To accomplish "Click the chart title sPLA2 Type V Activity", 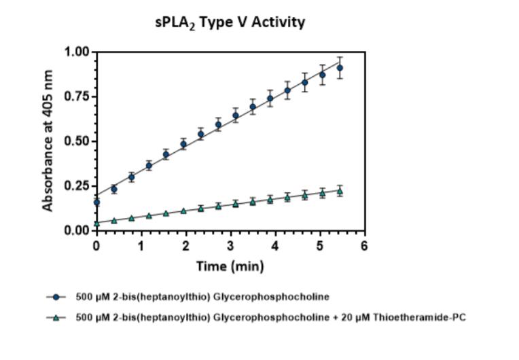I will (x=230, y=22).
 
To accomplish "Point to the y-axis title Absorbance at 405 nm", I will (x=48, y=141).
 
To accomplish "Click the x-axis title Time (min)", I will (x=230, y=266).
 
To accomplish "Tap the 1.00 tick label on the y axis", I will (x=77, y=52).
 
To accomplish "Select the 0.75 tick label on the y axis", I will (x=77, y=96).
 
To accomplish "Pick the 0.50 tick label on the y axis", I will (x=77, y=141).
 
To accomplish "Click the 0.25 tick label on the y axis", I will (x=77, y=186).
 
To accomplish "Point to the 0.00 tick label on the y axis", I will (x=77, y=231).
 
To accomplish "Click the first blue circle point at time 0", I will (x=96, y=202).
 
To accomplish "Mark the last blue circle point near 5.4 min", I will (x=340, y=68).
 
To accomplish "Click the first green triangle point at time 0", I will (x=96, y=223).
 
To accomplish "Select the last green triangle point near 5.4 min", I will (x=340, y=191).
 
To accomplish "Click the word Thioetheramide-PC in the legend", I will (x=425, y=317).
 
